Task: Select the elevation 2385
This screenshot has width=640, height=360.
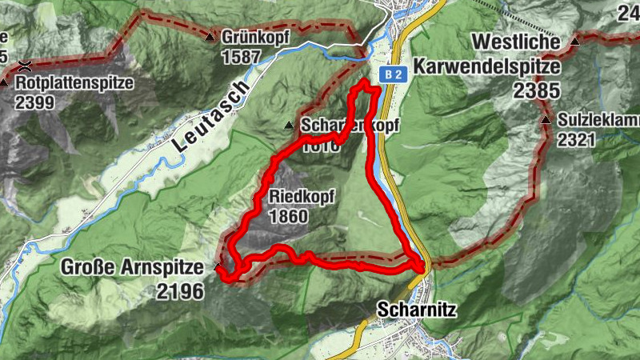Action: tap(537, 90)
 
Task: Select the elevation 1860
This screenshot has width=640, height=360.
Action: tap(290, 216)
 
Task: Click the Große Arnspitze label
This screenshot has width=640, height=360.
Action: tap(135, 268)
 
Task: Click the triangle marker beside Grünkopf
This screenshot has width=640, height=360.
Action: tap(210, 37)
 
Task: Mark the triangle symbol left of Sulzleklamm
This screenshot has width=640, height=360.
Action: tap(546, 121)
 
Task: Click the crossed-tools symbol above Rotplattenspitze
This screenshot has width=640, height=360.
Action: tap(26, 63)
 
